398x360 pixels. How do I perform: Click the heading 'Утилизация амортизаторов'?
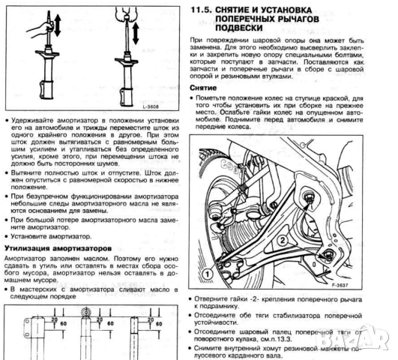pyautogui.click(x=59, y=247)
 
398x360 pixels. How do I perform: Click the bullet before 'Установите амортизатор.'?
pyautogui.click(x=7, y=235)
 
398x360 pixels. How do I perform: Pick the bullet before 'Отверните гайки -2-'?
pyautogui.click(x=197, y=298)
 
